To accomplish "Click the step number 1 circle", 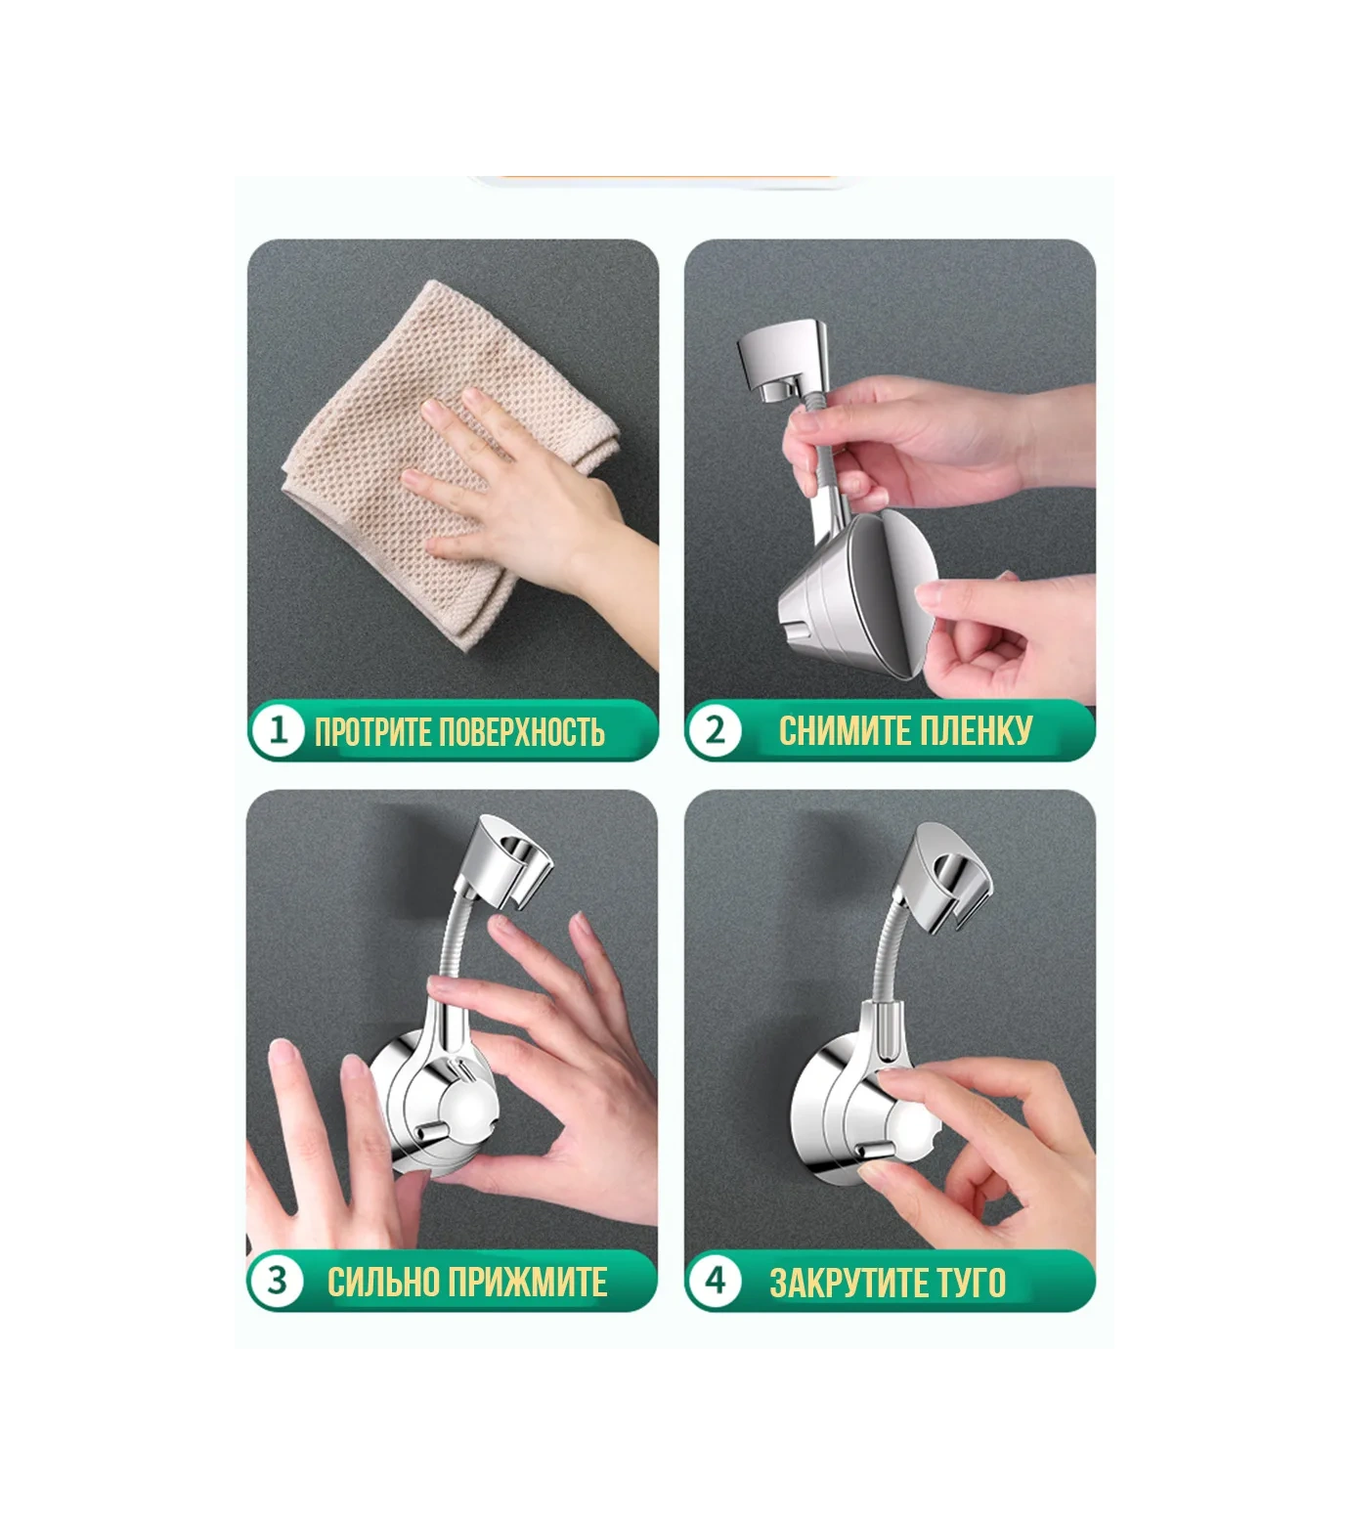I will [x=278, y=730].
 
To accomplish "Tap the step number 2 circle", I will [x=716, y=730].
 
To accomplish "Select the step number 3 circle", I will [x=278, y=1280].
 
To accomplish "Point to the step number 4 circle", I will [x=716, y=1280].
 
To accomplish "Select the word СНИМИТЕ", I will [x=841, y=730].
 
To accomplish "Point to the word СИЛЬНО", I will [x=383, y=1282].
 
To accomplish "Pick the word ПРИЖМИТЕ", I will [x=528, y=1282].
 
